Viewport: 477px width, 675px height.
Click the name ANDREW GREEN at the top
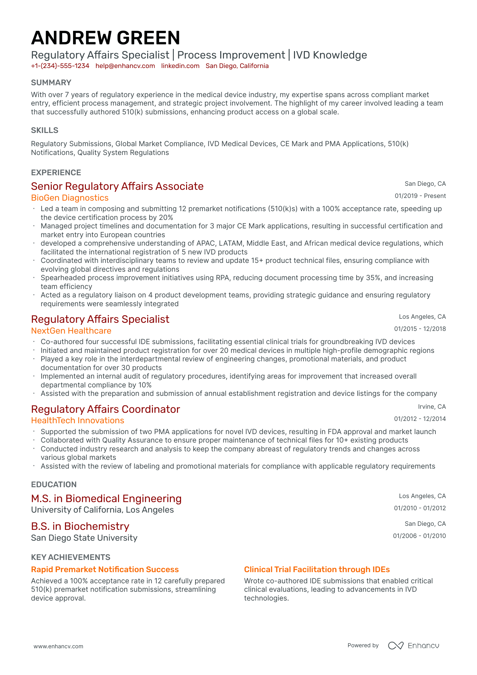click(106, 38)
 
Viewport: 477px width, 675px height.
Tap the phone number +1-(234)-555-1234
click(60, 66)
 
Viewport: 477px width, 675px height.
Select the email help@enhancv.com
click(125, 66)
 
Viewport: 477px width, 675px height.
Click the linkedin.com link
click(180, 66)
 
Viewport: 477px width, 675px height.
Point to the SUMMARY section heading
click(51, 83)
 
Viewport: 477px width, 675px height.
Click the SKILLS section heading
click(45, 130)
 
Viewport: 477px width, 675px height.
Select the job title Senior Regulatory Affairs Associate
click(117, 186)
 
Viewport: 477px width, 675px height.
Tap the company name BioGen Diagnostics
click(70, 198)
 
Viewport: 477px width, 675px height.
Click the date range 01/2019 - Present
click(420, 196)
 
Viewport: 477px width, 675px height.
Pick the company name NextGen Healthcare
click(71, 331)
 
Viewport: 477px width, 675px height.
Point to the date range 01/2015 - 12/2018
click(420, 329)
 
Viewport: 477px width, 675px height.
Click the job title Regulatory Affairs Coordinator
click(105, 409)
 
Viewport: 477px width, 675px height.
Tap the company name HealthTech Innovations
click(77, 421)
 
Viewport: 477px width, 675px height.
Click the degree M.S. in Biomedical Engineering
click(106, 499)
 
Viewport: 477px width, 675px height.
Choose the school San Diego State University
click(84, 538)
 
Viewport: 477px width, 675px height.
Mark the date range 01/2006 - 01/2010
click(419, 536)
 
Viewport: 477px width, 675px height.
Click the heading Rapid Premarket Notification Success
click(105, 569)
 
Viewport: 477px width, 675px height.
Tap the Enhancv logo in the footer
click(413, 646)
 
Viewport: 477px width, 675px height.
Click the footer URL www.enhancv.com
click(58, 646)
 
